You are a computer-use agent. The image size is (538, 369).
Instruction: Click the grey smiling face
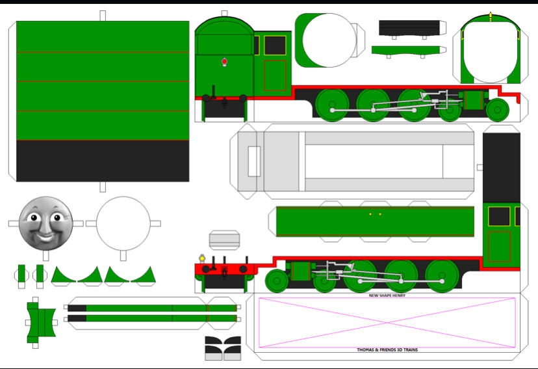pos(45,223)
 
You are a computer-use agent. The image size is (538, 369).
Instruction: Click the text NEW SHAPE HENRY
pos(387,295)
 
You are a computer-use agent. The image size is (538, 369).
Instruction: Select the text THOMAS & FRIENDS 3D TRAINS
pos(387,349)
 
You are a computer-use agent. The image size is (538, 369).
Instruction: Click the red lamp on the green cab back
pos(224,62)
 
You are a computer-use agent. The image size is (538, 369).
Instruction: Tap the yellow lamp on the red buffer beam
pos(202,258)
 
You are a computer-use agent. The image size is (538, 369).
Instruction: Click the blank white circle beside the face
pos(123,223)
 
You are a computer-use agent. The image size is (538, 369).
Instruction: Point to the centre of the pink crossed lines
pos(387,323)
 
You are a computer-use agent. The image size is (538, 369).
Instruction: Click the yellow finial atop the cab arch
pos(491,16)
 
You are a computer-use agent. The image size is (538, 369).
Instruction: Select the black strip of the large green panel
pos(103,161)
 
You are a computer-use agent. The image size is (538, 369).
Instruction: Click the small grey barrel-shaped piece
pos(224,239)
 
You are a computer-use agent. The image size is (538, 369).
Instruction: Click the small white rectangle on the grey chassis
pos(254,161)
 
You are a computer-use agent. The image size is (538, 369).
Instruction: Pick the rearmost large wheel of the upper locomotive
pos(332,105)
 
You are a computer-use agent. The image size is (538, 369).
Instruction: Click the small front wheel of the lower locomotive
pos(277,280)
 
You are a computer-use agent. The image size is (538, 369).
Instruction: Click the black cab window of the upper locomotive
pos(275,46)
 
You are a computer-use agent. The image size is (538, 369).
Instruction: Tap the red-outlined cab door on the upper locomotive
pos(275,75)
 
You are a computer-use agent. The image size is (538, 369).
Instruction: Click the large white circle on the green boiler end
pos(329,40)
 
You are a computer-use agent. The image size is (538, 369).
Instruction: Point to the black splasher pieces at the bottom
pos(223,346)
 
